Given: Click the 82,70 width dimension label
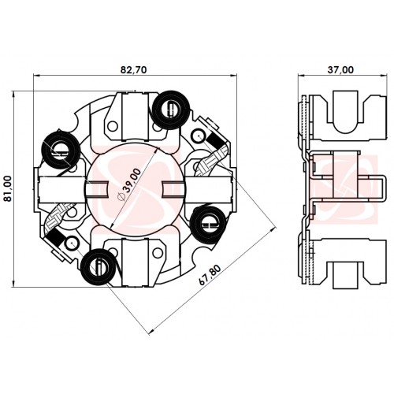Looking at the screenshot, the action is tap(133, 70).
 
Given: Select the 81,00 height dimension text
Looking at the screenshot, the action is tap(9, 188).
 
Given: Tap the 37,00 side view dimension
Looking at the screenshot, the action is tap(340, 70).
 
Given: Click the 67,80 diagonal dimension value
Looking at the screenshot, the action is tap(210, 275).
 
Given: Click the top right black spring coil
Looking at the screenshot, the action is tap(171, 110).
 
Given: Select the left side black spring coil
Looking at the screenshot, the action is tap(61, 151).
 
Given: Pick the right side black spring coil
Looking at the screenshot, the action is tap(209, 225).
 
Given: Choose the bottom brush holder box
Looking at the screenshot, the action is tap(136, 262).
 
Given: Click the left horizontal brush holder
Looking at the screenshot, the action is tap(62, 190).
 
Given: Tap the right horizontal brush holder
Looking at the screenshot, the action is tap(210, 190).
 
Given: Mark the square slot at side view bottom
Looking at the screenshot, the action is tap(345, 276).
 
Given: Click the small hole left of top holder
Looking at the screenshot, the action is tap(113, 126).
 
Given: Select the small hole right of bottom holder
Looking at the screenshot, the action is tap(158, 253).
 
